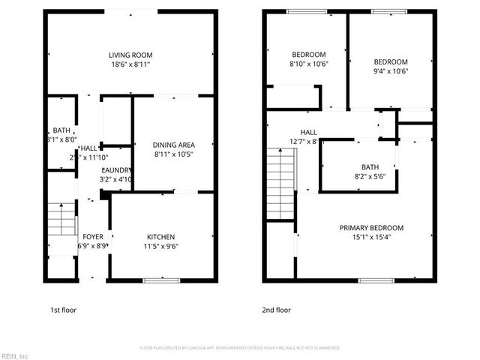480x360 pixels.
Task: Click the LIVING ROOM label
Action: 130,55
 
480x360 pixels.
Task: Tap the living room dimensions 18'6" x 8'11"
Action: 130,65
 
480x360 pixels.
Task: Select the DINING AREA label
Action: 174,145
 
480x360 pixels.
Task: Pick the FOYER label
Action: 93,235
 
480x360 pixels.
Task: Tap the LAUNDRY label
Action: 117,169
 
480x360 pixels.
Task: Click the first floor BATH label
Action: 61,130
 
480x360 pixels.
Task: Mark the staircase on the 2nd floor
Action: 283,184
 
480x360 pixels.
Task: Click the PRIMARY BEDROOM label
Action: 371,228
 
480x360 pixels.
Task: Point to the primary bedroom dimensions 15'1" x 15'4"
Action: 371,238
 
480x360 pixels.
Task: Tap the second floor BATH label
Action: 370,167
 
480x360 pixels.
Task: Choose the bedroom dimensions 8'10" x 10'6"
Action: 309,64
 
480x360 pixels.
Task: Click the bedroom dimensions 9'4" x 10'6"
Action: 391,72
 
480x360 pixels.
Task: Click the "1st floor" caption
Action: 63,310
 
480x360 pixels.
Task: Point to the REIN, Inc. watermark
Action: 15,355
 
